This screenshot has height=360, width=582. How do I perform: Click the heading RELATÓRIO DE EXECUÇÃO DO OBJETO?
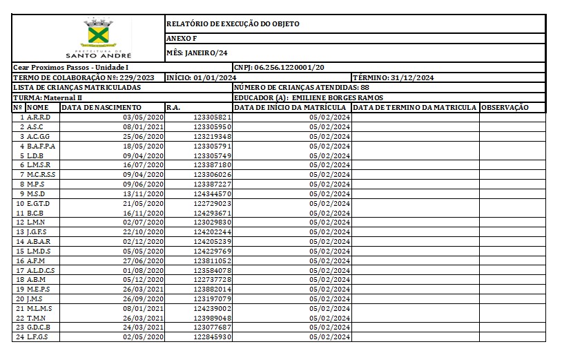(x=233, y=24)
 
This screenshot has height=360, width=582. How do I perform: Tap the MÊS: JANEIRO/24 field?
(x=197, y=53)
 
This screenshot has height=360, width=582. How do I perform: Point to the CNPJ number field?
(x=279, y=68)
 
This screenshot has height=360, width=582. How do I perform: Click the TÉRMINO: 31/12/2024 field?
(x=393, y=77)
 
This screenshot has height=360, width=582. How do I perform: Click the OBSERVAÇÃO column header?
(x=505, y=107)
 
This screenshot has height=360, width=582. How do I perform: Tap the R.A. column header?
(x=174, y=107)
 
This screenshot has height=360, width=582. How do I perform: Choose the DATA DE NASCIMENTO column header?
(x=101, y=107)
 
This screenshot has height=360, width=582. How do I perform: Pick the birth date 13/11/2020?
(x=142, y=194)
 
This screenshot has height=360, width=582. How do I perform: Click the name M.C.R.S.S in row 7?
(x=41, y=175)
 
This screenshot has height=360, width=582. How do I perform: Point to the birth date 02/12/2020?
(x=142, y=242)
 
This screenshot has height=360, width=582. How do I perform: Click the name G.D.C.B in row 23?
(x=39, y=327)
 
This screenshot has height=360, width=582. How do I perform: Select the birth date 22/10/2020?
(x=142, y=232)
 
